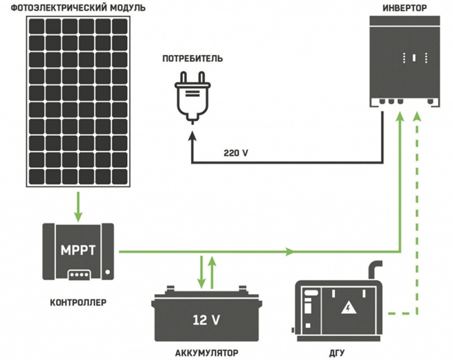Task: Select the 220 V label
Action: pyautogui.click(x=236, y=153)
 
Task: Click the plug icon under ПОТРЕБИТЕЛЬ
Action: pyautogui.click(x=192, y=96)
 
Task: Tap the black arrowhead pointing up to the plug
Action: pyautogui.click(x=191, y=136)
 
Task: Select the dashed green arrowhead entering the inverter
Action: pyautogui.click(x=417, y=117)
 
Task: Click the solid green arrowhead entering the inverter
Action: pyautogui.click(x=399, y=117)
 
